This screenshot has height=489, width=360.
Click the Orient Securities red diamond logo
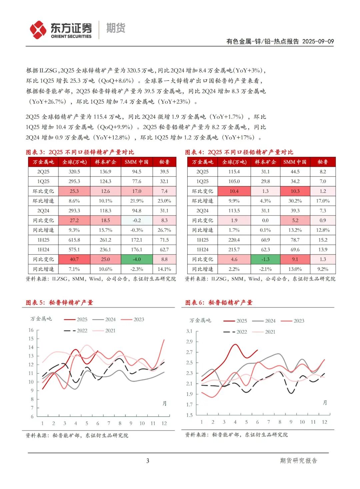(38, 30)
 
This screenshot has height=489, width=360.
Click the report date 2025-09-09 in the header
(318, 41)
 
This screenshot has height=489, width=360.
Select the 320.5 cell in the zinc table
(74, 172)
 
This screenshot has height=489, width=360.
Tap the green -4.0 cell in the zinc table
(137, 260)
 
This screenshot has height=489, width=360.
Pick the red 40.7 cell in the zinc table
(74, 260)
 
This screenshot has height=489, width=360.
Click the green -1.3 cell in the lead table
(265, 260)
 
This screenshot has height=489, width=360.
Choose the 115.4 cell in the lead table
(234, 172)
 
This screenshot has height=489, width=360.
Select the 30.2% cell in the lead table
(295, 201)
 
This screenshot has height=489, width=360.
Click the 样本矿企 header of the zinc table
(105, 162)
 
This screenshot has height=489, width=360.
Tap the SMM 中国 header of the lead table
(295, 162)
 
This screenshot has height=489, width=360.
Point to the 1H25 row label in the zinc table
(43, 240)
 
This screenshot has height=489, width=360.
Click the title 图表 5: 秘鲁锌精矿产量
(59, 303)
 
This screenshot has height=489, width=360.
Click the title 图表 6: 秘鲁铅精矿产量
(219, 303)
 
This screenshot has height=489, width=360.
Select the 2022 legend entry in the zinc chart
(75, 331)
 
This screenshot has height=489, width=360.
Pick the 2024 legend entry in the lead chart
(264, 321)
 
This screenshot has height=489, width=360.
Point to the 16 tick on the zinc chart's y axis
(31, 330)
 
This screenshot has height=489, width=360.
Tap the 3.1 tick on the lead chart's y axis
(189, 331)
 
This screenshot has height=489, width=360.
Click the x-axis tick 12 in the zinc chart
(164, 424)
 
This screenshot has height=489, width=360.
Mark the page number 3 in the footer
(148, 461)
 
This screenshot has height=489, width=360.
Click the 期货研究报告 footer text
(298, 461)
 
